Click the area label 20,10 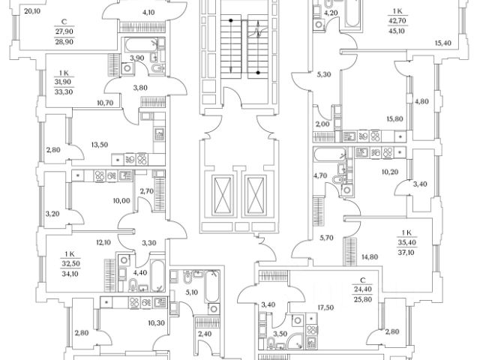tap(31, 10)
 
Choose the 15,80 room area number tap(373, 118)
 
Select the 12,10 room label tap(103, 241)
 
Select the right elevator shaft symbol tap(256, 194)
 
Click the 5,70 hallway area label tap(326, 238)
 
